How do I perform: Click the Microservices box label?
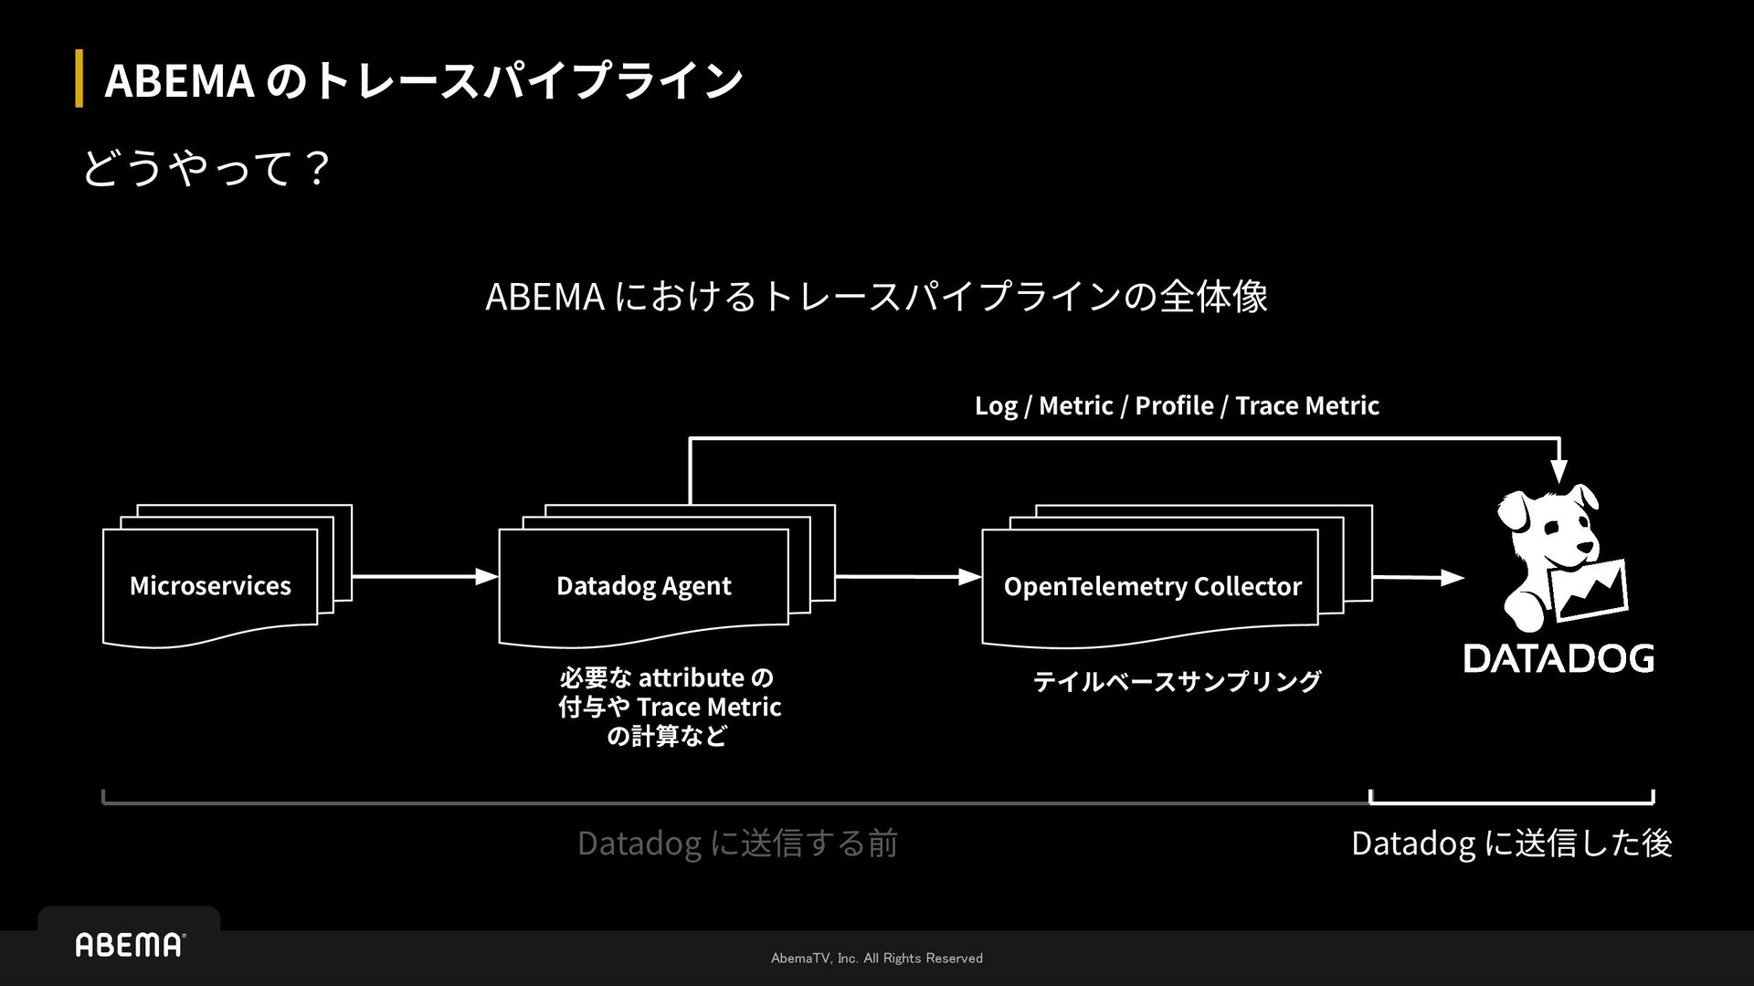(x=210, y=585)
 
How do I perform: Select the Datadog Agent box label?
(x=643, y=585)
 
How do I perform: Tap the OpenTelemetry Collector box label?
(x=1152, y=585)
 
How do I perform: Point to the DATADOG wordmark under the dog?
(x=1559, y=658)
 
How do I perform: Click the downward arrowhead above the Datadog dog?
(x=1559, y=471)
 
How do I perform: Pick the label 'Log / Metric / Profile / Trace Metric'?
(x=1177, y=405)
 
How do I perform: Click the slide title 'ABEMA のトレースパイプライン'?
(x=423, y=80)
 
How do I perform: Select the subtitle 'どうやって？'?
(x=206, y=169)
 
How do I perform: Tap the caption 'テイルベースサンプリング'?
(x=1177, y=681)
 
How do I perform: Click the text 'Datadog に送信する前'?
(x=737, y=843)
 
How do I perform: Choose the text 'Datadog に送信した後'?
(x=1511, y=843)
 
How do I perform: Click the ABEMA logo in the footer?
(x=129, y=945)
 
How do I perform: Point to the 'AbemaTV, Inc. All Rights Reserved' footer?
(x=877, y=958)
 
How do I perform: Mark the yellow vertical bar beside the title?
(x=79, y=79)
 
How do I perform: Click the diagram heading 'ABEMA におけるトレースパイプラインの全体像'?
(x=876, y=296)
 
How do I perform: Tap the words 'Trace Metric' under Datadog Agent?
(x=709, y=707)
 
